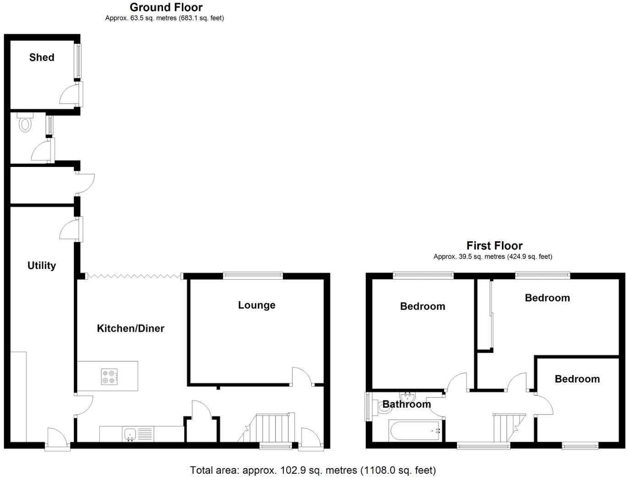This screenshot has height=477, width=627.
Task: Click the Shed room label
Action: click(42, 57)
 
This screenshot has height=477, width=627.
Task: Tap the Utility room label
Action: click(42, 266)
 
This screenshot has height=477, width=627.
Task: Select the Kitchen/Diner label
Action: click(131, 328)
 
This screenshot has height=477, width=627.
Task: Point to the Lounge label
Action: click(257, 305)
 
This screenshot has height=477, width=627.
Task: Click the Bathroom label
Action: click(407, 405)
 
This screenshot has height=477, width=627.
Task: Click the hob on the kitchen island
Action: click(109, 377)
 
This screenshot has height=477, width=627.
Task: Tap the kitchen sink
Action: click(130, 433)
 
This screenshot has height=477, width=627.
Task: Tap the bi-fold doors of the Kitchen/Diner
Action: click(133, 276)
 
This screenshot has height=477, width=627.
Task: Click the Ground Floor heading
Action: click(166, 7)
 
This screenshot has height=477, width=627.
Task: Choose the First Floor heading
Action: click(495, 246)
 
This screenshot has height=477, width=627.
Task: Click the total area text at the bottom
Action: click(313, 470)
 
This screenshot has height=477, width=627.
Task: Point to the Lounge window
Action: click(253, 275)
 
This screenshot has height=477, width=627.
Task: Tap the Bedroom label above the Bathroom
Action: click(423, 306)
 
